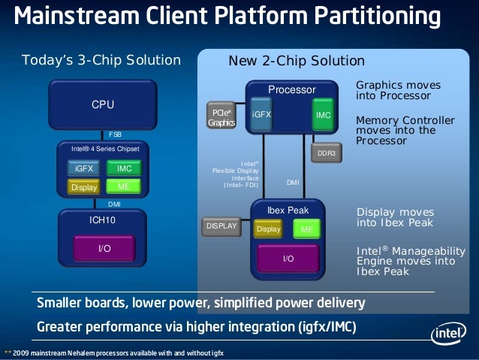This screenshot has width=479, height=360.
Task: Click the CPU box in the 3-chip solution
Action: point(103,104)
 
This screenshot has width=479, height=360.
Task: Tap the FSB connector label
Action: point(115,135)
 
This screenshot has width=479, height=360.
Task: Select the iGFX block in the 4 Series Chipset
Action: point(84,168)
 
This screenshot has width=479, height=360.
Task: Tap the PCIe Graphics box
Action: point(221,117)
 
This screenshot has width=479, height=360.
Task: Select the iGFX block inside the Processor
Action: point(261,115)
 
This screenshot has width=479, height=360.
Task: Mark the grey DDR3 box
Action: point(326,153)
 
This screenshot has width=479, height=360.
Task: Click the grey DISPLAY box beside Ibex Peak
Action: point(221,225)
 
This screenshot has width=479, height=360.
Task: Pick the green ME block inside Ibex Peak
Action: point(306,229)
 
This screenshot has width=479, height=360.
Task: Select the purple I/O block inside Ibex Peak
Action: point(288,259)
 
